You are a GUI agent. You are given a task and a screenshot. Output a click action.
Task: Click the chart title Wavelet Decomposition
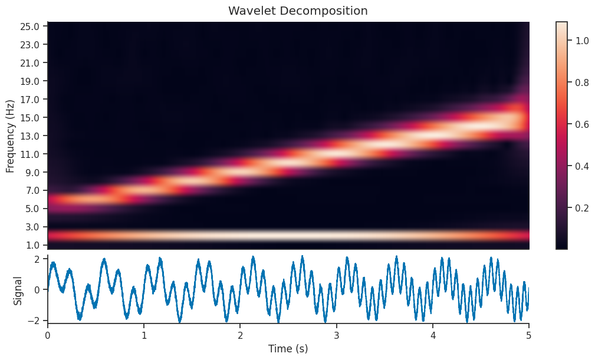click(298, 11)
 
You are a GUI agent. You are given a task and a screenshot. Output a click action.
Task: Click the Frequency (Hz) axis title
click(10, 136)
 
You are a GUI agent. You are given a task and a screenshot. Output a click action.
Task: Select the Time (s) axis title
click(288, 349)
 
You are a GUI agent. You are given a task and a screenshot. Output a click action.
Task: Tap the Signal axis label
click(18, 290)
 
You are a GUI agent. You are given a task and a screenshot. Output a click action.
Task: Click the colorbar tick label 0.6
click(581, 124)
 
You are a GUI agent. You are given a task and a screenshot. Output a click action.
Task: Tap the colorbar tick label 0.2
click(581, 208)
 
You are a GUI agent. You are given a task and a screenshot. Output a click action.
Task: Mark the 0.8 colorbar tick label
click(581, 82)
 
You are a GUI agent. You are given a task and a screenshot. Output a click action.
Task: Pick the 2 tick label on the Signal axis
click(37, 259)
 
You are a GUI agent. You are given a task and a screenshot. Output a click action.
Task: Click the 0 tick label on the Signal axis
click(37, 290)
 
